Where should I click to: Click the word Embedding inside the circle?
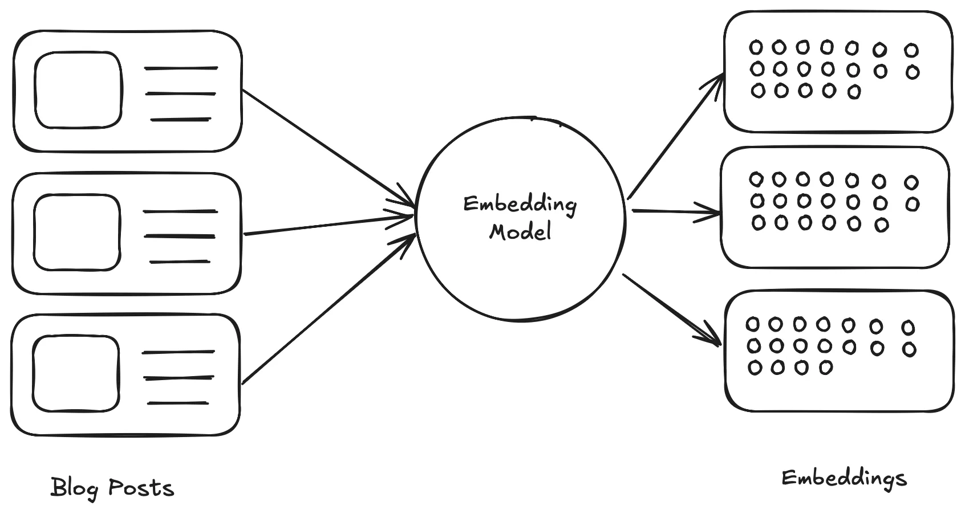(x=520, y=205)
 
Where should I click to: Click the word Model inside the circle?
(x=520, y=232)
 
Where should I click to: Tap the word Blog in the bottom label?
(x=74, y=488)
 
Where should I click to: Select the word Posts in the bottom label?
(x=141, y=488)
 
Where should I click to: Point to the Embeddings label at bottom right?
(x=844, y=478)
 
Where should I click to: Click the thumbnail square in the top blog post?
(x=78, y=90)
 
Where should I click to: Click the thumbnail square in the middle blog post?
(x=77, y=232)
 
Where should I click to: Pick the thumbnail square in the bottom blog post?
(x=76, y=374)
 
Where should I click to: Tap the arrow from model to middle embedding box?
(x=676, y=212)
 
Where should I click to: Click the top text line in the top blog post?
(x=181, y=68)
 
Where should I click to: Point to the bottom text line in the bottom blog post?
(x=178, y=403)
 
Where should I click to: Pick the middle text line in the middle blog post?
(x=179, y=236)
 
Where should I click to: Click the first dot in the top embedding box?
(x=756, y=47)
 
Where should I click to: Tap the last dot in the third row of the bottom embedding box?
(x=825, y=368)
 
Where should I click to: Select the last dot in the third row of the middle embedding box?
(x=881, y=225)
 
